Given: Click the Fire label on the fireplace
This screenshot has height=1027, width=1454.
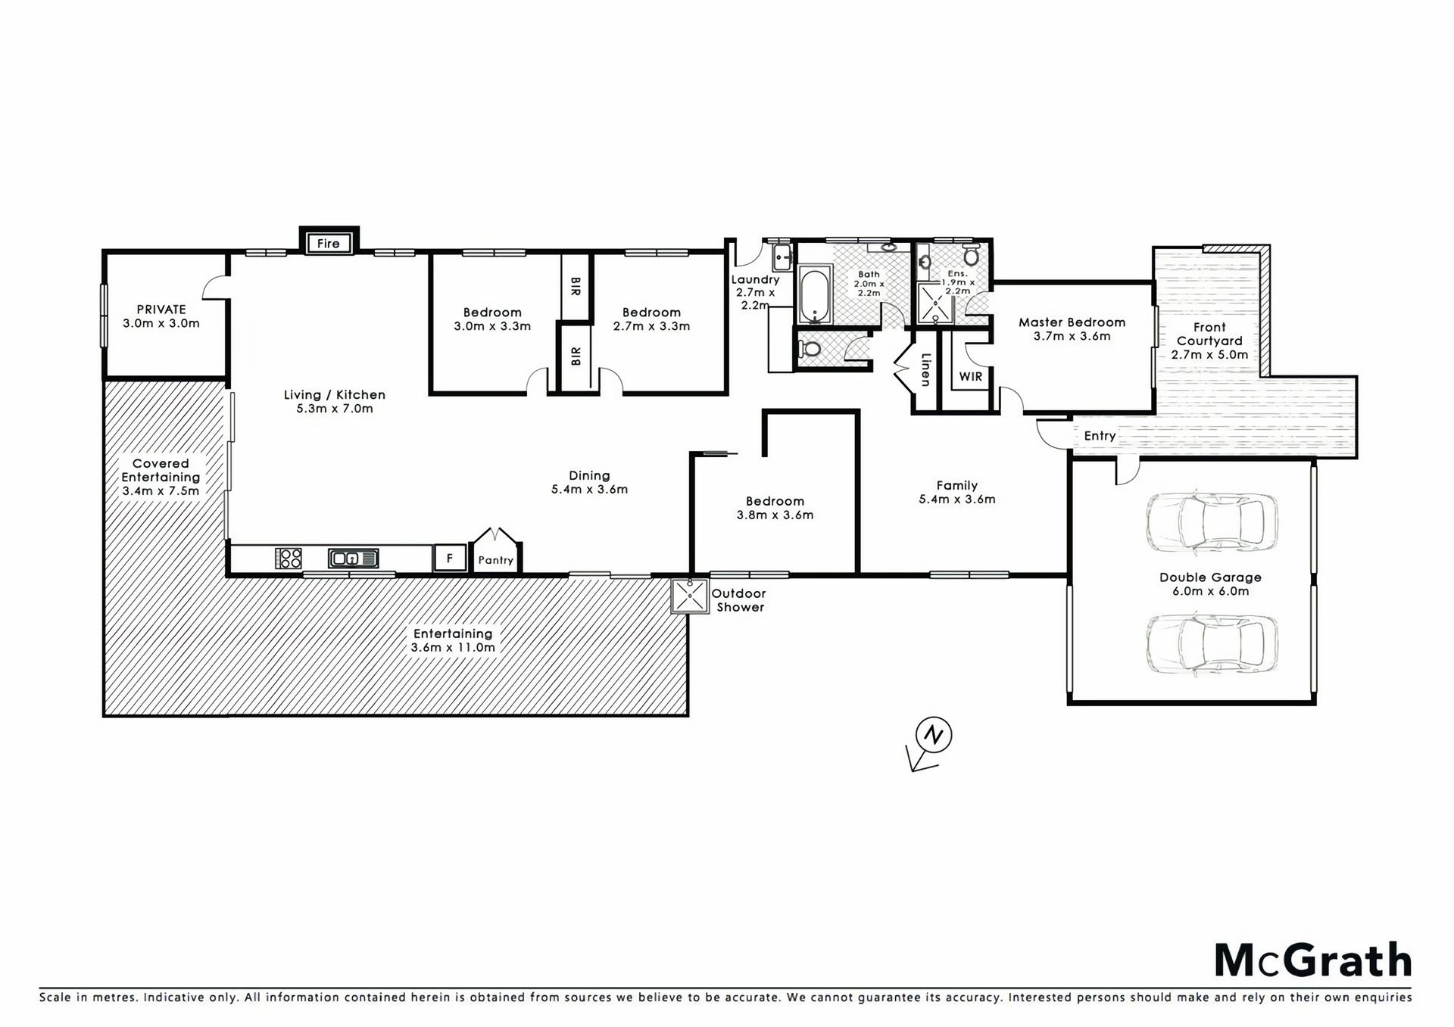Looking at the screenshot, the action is [x=328, y=243].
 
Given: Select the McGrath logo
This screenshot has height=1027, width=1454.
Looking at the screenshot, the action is [x=1313, y=960].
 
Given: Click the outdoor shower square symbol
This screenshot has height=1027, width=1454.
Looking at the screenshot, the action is [x=690, y=596].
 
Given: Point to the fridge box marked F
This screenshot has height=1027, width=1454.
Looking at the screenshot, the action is [x=449, y=559].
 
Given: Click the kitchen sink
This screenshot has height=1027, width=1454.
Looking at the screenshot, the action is [x=353, y=559].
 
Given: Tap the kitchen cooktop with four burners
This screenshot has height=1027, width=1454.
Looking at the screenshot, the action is [x=288, y=559].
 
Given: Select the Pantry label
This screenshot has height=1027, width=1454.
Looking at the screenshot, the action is [x=495, y=560].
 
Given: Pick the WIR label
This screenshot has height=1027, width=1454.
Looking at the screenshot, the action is [x=970, y=376].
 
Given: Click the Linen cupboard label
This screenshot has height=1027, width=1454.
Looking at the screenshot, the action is [x=925, y=370].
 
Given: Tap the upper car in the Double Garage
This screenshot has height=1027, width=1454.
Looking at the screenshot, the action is [x=1212, y=523].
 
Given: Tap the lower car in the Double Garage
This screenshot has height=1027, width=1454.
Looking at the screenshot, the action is [x=1212, y=643].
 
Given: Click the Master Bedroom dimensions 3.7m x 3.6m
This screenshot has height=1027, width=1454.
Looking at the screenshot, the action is [x=1072, y=336].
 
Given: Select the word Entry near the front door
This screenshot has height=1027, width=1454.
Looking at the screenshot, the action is [x=1100, y=436].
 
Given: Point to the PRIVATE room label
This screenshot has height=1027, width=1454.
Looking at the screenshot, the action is [x=161, y=309].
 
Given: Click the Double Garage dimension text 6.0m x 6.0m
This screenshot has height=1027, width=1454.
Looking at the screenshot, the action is [x=1210, y=591].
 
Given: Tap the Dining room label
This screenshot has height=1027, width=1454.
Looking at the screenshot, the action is [x=589, y=476].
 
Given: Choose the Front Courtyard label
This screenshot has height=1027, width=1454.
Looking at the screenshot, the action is [x=1209, y=334].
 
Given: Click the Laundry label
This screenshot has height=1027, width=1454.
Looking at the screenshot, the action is [x=755, y=279].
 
